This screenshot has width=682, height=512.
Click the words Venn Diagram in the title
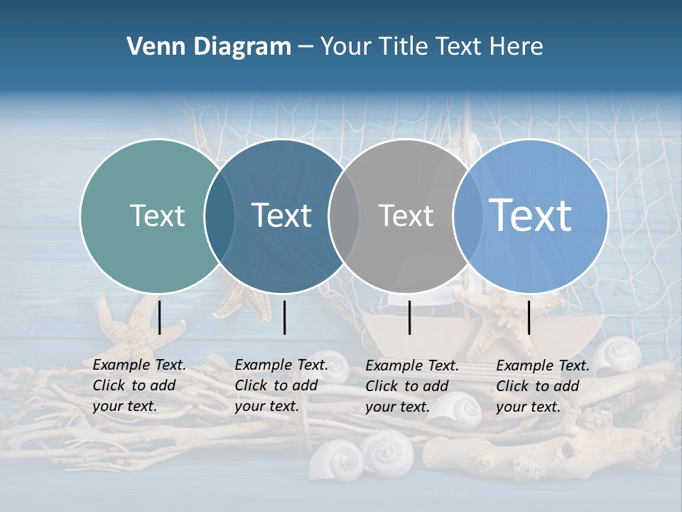click(209, 47)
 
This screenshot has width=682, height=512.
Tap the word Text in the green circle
click(157, 215)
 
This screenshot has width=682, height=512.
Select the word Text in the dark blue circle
click(282, 215)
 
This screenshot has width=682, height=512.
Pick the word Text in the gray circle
click(406, 215)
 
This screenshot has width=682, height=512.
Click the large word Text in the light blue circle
click(531, 215)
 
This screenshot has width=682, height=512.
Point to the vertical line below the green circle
click(160, 317)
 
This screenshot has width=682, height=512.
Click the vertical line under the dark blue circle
click(284, 317)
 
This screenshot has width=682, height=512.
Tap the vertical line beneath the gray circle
click(410, 317)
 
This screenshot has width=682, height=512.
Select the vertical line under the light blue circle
click(529, 317)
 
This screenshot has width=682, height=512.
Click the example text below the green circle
click(139, 385)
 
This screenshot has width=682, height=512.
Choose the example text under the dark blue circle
click(281, 385)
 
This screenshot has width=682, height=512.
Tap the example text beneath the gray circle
click(412, 386)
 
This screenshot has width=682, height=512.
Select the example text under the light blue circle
click(543, 386)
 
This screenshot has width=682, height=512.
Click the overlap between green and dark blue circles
click(220, 215)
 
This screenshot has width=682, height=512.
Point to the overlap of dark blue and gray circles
click(344, 215)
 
